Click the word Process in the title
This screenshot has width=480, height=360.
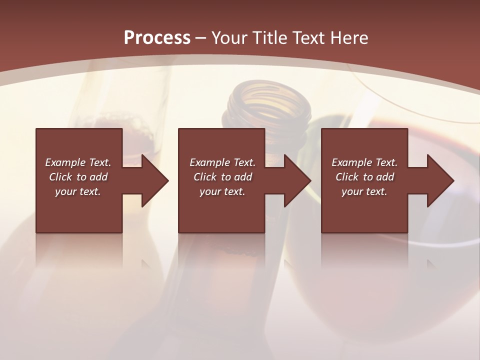(157, 38)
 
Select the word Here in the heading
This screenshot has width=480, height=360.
(349, 38)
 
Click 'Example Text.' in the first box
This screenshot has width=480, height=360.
(78, 162)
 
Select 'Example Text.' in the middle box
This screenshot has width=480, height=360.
(222, 162)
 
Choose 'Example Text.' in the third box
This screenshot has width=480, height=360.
(364, 162)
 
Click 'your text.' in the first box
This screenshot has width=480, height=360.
(78, 191)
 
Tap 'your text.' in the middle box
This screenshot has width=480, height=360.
(222, 191)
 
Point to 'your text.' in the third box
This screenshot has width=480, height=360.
(364, 191)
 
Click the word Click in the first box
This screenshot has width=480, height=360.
(61, 177)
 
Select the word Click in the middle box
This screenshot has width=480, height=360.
(205, 177)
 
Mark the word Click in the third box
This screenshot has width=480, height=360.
(347, 177)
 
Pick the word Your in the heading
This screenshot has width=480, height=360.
(229, 38)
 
